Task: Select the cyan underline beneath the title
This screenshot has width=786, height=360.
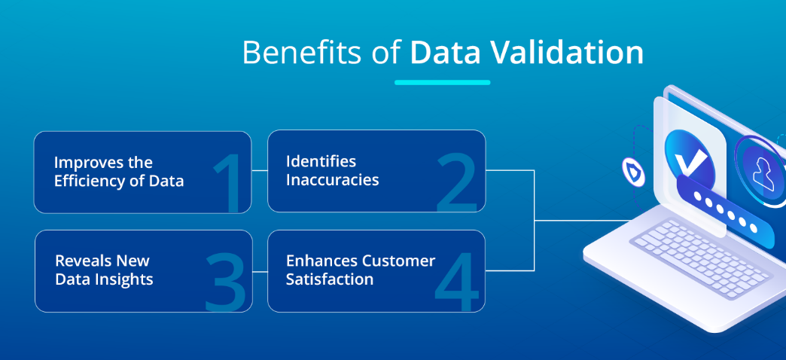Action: coord(442,82)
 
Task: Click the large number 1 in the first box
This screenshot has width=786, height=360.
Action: coord(230,182)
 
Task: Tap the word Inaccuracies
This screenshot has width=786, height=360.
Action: coord(332,179)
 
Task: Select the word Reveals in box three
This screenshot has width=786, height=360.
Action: coord(83,261)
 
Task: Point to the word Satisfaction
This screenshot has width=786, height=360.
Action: coord(329,279)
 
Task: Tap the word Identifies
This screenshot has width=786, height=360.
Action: coord(321,161)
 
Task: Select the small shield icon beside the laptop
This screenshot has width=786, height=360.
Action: coord(633,172)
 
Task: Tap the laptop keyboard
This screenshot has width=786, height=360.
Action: coord(700,258)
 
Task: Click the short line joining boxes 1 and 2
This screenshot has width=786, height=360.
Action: coord(260,170)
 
